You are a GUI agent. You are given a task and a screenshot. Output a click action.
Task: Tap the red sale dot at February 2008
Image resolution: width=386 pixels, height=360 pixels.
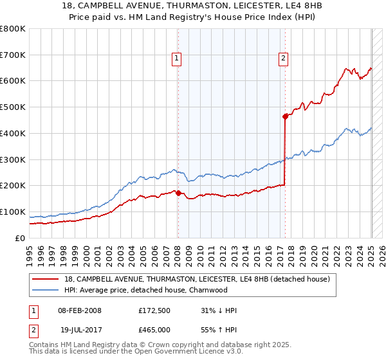[x=178, y=192]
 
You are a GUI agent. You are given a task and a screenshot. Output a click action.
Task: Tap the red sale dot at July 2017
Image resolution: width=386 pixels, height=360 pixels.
[x=284, y=116]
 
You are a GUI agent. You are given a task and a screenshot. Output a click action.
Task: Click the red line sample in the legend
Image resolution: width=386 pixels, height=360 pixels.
[x=46, y=279]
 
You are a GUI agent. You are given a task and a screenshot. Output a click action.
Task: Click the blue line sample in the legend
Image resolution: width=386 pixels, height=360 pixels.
[x=46, y=290]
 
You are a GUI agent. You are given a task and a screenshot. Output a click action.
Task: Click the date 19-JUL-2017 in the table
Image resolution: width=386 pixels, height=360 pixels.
[x=78, y=330]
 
